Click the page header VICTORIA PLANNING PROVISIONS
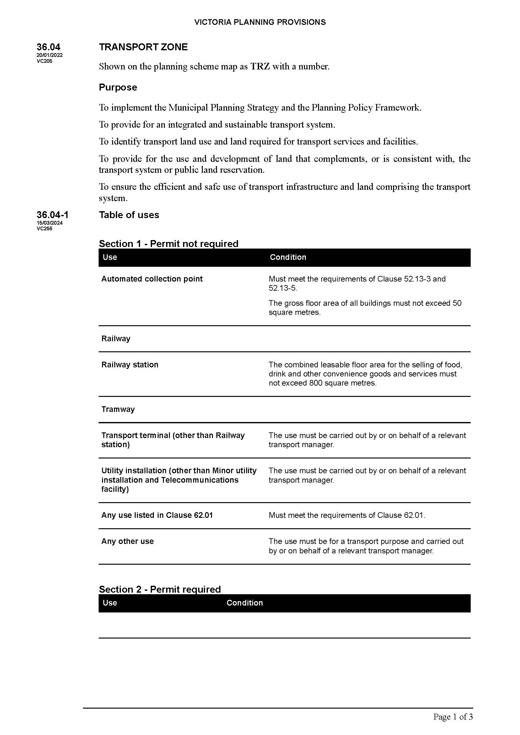coord(260,22)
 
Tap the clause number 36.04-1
coord(52,215)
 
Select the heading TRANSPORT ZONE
coord(143,47)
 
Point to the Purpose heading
coord(118,87)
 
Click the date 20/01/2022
coord(50,55)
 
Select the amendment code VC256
coord(44,228)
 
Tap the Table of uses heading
coord(129,215)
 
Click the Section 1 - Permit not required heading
coord(168,244)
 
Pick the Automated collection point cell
coord(152,279)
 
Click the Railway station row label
coord(130,365)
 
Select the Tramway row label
coord(118,409)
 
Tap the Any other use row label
coord(127,541)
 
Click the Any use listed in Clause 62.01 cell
coord(157,515)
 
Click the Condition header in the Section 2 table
coord(244,603)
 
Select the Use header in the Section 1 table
coord(110,257)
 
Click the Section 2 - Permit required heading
coord(160,590)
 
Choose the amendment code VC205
coord(44,61)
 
